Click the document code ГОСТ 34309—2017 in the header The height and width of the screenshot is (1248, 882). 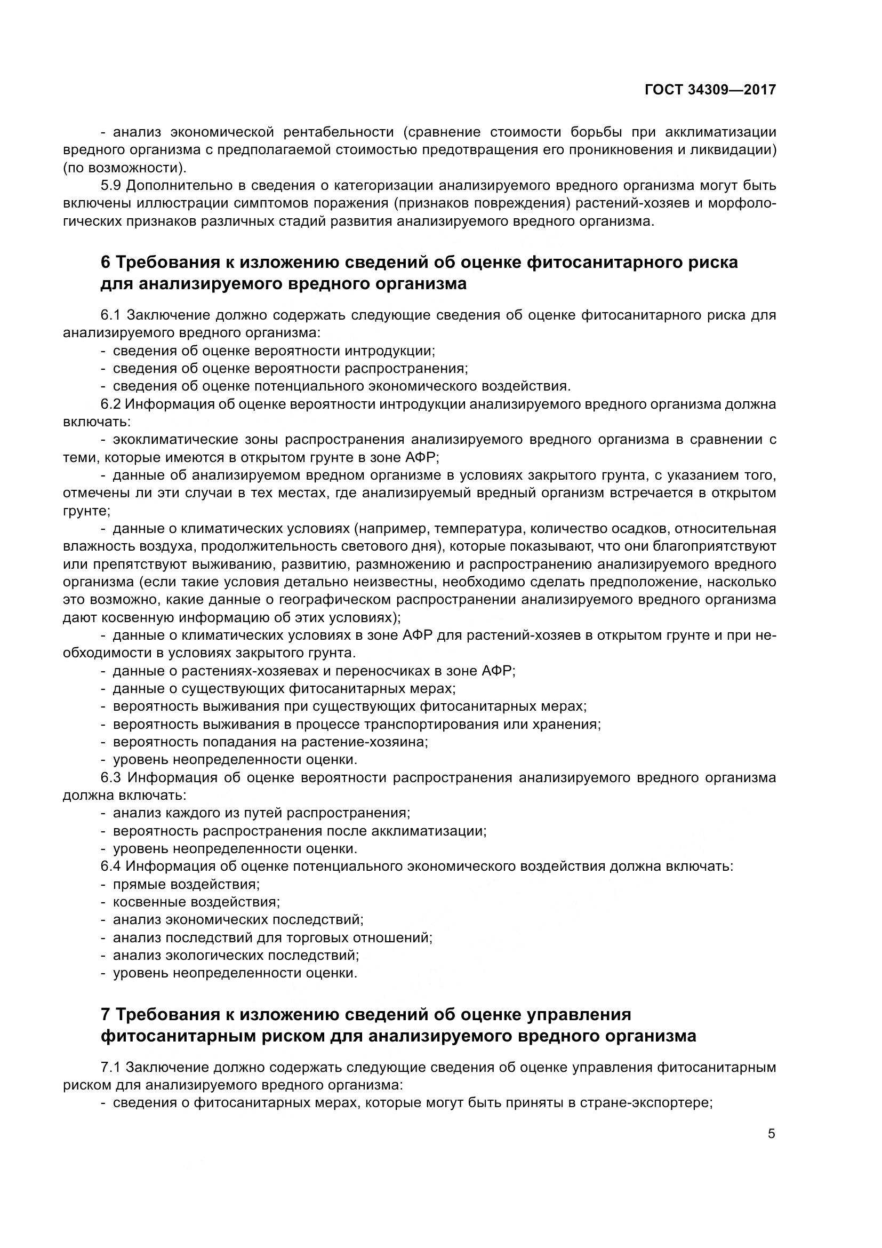coord(710,90)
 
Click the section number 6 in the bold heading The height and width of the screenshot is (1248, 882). coord(106,263)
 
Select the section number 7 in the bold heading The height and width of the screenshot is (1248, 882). coord(106,1015)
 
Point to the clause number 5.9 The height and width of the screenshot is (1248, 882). coord(112,186)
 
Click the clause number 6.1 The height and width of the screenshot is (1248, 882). coord(113,315)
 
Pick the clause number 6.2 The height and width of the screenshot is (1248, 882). coord(113,404)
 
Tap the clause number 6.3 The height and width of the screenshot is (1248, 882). coord(113,778)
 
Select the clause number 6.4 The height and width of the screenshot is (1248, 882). coord(113,867)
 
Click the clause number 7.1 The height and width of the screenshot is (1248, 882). coord(112,1068)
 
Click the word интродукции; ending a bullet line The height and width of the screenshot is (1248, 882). coord(390,351)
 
